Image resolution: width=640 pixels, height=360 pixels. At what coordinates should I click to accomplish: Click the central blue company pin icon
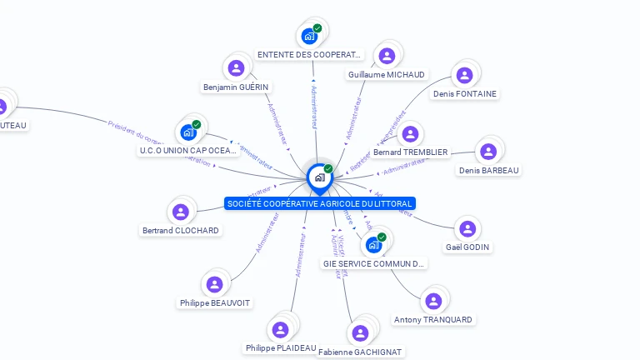pyautogui.click(x=319, y=177)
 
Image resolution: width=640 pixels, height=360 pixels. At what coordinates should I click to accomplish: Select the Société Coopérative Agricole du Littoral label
pyautogui.click(x=319, y=203)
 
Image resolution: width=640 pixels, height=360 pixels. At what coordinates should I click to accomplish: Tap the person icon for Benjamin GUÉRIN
pyautogui.click(x=237, y=68)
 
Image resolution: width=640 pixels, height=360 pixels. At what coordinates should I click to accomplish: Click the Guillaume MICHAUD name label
pyautogui.click(x=386, y=75)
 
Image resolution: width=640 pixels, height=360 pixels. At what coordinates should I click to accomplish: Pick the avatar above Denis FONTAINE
pyautogui.click(x=465, y=75)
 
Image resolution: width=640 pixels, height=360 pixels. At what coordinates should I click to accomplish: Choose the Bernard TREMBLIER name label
pyautogui.click(x=411, y=152)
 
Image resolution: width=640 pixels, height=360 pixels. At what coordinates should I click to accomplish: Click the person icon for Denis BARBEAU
pyautogui.click(x=488, y=152)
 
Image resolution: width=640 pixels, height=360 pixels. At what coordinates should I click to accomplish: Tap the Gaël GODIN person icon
pyautogui.click(x=468, y=228)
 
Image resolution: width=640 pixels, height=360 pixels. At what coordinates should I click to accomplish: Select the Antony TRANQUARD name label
pyautogui.click(x=432, y=320)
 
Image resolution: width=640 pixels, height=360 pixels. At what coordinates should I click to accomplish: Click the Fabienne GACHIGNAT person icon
pyautogui.click(x=360, y=333)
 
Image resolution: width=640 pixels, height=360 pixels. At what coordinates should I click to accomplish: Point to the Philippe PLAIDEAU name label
pyautogui.click(x=281, y=347)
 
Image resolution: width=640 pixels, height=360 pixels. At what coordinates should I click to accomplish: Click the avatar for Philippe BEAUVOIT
pyautogui.click(x=215, y=284)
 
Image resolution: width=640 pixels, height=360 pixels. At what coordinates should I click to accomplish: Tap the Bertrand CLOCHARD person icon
pyautogui.click(x=180, y=212)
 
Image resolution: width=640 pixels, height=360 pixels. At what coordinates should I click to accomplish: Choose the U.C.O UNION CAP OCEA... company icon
pyautogui.click(x=188, y=132)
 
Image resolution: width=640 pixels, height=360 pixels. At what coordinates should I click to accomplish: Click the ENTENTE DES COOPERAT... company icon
pyautogui.click(x=310, y=35)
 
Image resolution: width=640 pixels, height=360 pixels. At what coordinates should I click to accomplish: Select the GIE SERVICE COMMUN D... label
pyautogui.click(x=374, y=263)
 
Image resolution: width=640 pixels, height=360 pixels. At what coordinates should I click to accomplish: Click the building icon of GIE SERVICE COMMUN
pyautogui.click(x=373, y=244)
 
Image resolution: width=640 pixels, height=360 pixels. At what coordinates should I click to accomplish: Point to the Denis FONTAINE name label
pyautogui.click(x=465, y=94)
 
